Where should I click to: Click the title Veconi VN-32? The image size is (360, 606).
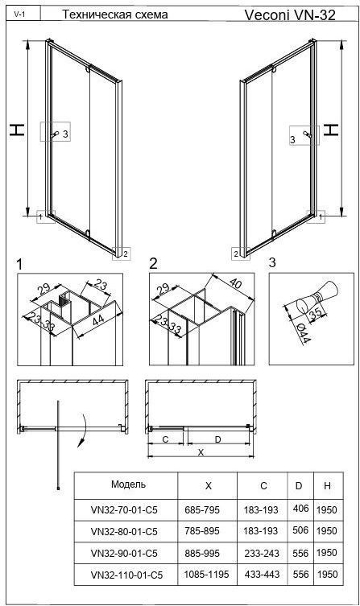[x=290, y=14]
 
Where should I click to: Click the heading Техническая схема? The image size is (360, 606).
[x=115, y=14]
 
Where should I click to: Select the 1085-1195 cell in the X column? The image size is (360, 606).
[x=206, y=574]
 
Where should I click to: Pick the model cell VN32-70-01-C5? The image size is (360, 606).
[x=124, y=510]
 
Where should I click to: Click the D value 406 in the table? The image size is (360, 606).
[x=300, y=509]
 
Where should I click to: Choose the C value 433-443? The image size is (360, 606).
[x=262, y=575]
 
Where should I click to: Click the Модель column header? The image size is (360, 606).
[x=128, y=484]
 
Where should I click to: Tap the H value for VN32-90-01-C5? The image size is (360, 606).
[x=327, y=553]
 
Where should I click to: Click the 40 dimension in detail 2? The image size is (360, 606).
[x=235, y=284]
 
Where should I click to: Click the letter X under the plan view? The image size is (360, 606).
[x=201, y=452]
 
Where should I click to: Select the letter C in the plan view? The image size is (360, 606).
[x=165, y=439]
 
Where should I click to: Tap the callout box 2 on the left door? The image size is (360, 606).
[x=122, y=254]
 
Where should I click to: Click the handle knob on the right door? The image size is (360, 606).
[x=307, y=134]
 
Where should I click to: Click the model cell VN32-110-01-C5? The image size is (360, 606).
[x=126, y=575]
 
